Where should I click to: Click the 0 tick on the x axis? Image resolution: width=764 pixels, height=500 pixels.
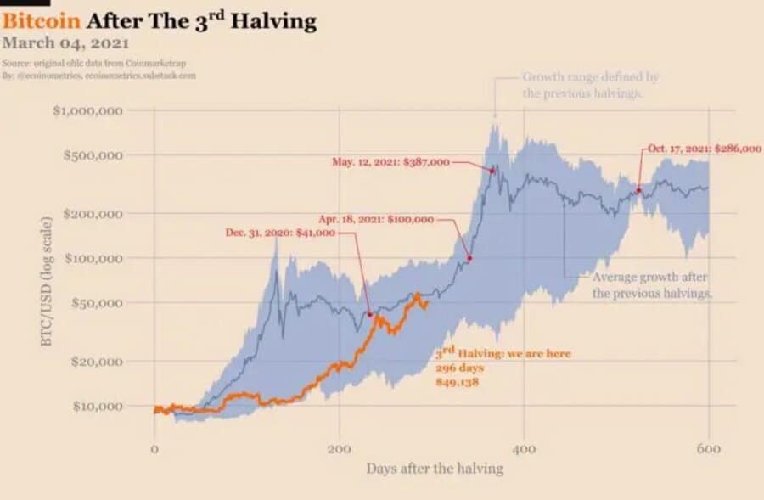click(x=154, y=448)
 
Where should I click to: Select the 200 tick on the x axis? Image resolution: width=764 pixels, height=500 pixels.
click(x=340, y=448)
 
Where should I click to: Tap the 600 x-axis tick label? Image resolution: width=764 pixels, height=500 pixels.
click(x=709, y=448)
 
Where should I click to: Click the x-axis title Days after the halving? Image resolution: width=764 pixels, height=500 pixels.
click(x=435, y=469)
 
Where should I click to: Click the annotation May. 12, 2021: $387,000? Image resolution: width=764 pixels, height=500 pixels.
click(x=390, y=162)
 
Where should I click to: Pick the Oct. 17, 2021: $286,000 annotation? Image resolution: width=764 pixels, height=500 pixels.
click(x=705, y=149)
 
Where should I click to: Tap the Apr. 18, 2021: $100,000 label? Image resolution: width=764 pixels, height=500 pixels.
click(x=376, y=220)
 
